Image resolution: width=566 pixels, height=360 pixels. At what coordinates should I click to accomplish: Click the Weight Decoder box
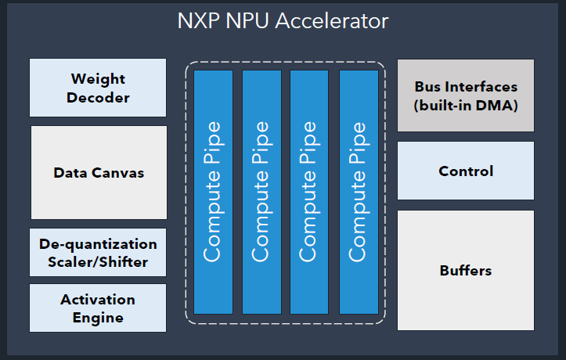click(98, 88)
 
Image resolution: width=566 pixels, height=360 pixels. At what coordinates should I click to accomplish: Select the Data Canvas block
click(99, 172)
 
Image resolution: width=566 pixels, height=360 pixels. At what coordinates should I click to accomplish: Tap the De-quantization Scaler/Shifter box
click(98, 252)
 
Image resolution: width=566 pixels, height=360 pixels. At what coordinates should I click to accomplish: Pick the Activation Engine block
click(98, 308)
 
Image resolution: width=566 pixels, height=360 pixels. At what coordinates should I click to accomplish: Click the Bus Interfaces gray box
click(466, 95)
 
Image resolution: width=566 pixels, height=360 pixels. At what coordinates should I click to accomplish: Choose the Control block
click(466, 171)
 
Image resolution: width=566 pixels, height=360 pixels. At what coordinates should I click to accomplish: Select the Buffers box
click(466, 270)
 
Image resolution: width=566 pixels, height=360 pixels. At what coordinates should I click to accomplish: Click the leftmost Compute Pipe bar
click(213, 192)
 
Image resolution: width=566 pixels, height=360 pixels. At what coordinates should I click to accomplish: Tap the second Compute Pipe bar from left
click(261, 192)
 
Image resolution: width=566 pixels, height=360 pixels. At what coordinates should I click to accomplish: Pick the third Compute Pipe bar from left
click(309, 192)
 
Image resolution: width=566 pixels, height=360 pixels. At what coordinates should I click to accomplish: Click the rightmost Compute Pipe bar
click(358, 192)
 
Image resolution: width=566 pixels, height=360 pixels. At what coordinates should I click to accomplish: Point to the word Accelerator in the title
click(336, 21)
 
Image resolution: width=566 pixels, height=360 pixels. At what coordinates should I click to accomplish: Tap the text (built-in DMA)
click(466, 103)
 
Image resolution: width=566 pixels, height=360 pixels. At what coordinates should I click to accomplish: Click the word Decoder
click(98, 98)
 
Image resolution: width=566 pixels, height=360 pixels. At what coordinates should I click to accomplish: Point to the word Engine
click(98, 318)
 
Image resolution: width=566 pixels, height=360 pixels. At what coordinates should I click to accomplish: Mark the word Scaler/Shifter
click(98, 261)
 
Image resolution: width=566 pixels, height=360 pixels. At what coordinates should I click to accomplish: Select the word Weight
click(98, 79)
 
